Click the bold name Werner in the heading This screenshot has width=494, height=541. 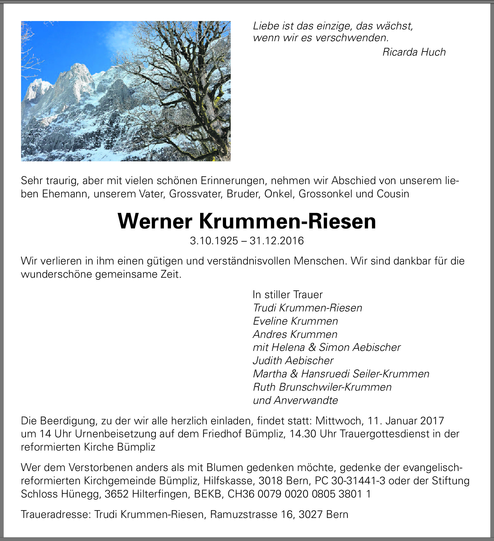[x=155, y=222]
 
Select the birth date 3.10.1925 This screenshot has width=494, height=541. [x=214, y=241]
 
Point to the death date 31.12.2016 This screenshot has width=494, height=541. [x=277, y=241]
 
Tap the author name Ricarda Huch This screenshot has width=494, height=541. [x=414, y=52]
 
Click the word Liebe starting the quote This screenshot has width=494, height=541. [x=266, y=26]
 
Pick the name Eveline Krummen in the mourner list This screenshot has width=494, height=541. [x=295, y=321]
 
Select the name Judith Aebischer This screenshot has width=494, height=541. [x=293, y=361]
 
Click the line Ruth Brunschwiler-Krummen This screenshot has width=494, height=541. [x=322, y=387]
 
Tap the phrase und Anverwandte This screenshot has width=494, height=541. [x=295, y=400]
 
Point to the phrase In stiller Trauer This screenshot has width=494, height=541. [x=288, y=295]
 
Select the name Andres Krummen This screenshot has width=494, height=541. [x=295, y=334]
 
